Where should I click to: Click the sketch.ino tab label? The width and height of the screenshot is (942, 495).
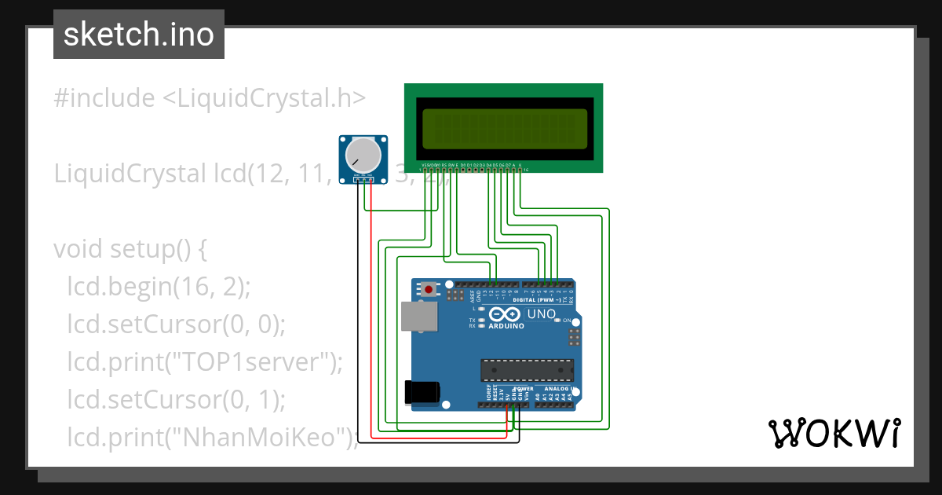tap(139, 35)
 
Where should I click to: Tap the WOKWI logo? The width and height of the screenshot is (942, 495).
tap(834, 433)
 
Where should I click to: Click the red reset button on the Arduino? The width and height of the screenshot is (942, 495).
tap(429, 290)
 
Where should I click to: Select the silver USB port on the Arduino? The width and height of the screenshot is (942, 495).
tap(416, 316)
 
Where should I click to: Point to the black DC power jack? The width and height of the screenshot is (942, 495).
tap(420, 391)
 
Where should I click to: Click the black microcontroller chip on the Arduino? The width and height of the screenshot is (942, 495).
tap(527, 369)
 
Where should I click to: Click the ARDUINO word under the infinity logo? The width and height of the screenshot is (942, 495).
tap(506, 326)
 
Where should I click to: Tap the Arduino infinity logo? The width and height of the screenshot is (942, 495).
tap(506, 314)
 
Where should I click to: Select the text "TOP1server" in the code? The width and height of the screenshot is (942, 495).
tap(251, 361)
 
